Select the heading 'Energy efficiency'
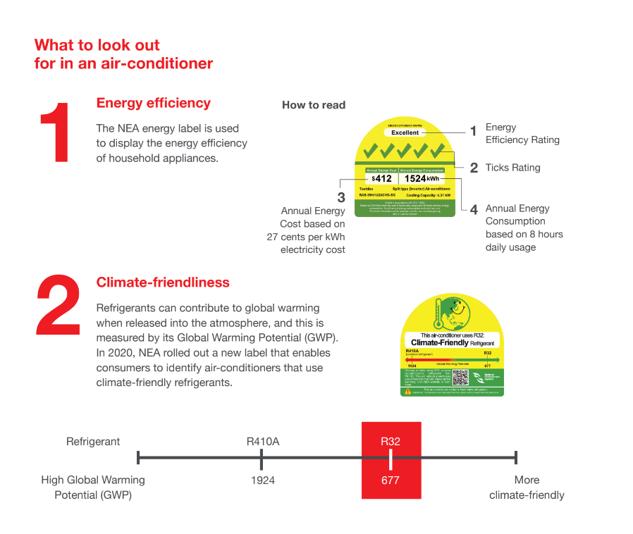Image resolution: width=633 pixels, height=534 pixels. pyautogui.click(x=153, y=103)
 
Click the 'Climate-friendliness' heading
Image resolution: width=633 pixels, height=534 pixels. pyautogui.click(x=163, y=282)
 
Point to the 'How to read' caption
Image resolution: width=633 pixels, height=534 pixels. pyautogui.click(x=314, y=105)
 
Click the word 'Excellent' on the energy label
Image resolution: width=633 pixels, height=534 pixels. pyautogui.click(x=405, y=132)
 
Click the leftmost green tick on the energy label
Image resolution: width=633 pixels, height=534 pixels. pyautogui.click(x=369, y=151)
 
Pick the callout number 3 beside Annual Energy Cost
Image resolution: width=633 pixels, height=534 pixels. pyautogui.click(x=341, y=197)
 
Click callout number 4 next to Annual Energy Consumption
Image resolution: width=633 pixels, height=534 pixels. pyautogui.click(x=474, y=209)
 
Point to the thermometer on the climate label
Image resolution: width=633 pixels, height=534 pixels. pyautogui.click(x=438, y=313)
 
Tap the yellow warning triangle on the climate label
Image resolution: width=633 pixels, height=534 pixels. pyautogui.click(x=407, y=391)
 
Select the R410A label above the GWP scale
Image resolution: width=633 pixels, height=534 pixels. pyautogui.click(x=263, y=442)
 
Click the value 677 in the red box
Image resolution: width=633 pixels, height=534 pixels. pyautogui.click(x=390, y=480)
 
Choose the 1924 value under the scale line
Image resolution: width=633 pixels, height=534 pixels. pyautogui.click(x=263, y=480)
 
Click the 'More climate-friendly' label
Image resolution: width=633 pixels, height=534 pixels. pyautogui.click(x=527, y=488)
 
